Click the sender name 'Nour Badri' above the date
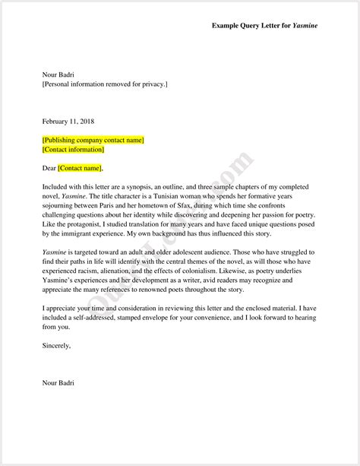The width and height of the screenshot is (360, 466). click(x=58, y=74)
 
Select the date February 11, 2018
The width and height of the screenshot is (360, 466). click(x=68, y=121)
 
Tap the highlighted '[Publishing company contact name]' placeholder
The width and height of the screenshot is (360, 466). click(x=93, y=140)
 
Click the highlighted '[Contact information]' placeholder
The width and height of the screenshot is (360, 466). click(x=74, y=150)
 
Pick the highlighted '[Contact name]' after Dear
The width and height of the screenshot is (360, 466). click(x=80, y=168)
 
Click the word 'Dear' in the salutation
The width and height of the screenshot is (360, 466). click(x=49, y=168)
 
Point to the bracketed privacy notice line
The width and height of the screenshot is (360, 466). click(x=105, y=84)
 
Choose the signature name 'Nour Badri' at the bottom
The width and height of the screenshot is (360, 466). click(x=58, y=382)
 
